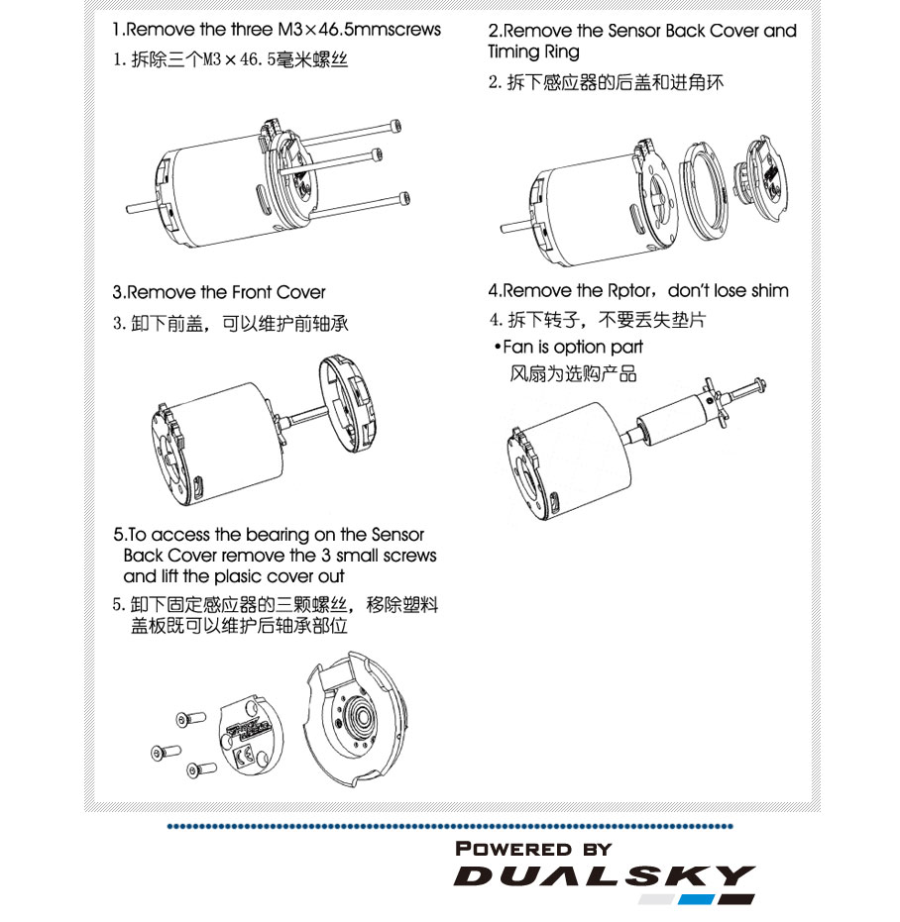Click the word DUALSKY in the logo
604,875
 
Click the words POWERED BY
533,849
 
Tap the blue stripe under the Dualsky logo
696,899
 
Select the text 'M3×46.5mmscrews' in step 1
359,30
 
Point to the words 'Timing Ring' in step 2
533,51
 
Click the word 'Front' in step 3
252,292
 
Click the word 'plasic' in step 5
237,576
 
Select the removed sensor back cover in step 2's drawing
762,178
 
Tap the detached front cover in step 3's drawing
347,403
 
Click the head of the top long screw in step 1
396,126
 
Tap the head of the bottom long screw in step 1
404,199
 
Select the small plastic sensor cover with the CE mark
251,736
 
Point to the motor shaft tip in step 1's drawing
130,209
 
